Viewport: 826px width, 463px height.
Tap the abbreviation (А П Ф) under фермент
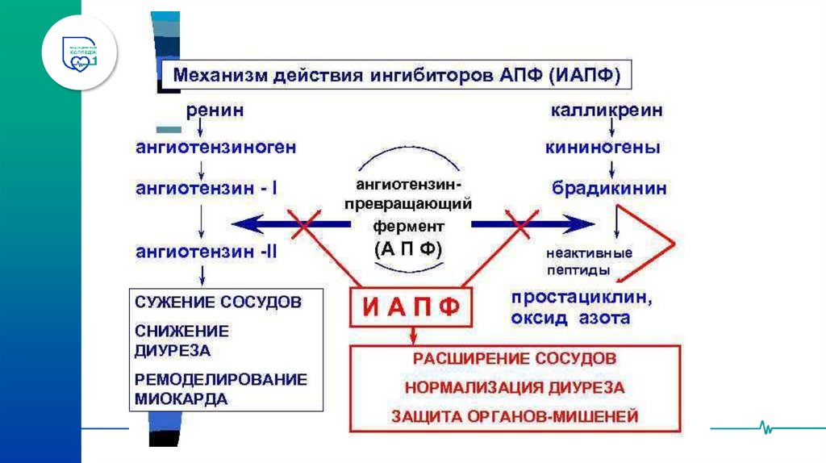408,249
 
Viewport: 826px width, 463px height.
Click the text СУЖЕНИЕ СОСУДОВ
219,302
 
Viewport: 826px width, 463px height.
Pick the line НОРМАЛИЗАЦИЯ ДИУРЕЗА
515,387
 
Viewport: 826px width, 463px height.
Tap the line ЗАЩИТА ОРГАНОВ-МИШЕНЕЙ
515,416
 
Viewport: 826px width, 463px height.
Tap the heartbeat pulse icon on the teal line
763,427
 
